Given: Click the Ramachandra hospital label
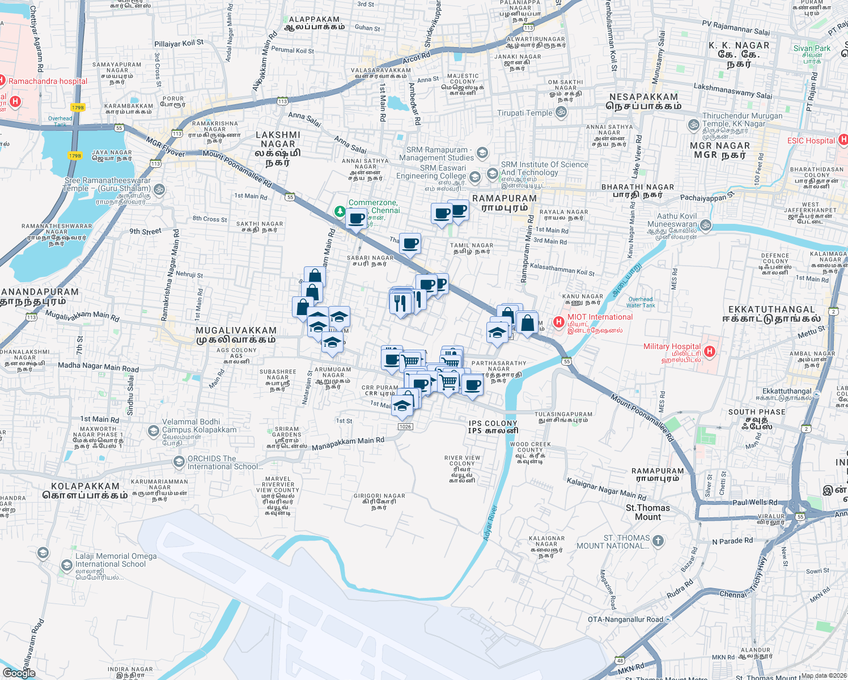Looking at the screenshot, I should point(48,81).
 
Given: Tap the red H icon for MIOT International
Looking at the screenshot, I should point(559,322).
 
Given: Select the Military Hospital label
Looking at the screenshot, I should point(672,346).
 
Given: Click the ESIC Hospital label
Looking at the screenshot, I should point(811,141).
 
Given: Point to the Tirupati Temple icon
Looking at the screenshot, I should point(561,112).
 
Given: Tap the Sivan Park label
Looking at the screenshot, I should point(812,48).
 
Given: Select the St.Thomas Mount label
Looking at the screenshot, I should point(648,512).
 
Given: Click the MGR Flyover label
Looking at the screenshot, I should point(165,146).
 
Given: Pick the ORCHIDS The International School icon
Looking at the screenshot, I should point(179,462).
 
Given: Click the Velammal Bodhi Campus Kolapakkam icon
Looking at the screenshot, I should point(153,431).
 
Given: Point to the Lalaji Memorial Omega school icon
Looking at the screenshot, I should point(43,552).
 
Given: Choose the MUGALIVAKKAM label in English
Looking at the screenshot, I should point(236,330).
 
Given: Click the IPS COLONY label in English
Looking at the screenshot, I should point(493,423).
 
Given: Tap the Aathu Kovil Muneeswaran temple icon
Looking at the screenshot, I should point(706,224).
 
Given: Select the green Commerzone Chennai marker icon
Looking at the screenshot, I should point(340,211).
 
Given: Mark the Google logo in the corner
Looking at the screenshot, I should point(19,673).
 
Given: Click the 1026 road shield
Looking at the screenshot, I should point(405,427).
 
